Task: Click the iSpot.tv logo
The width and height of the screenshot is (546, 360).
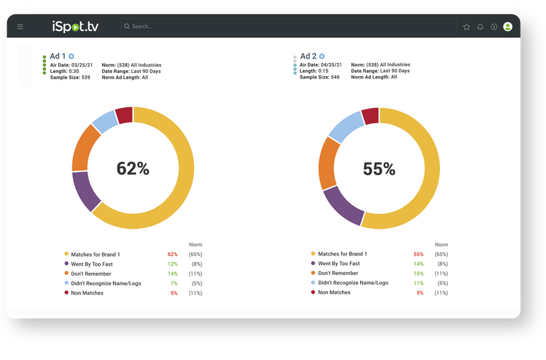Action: coord(76,27)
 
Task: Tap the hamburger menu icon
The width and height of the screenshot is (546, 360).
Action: coord(20,27)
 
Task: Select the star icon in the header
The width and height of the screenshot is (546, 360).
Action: coord(466,27)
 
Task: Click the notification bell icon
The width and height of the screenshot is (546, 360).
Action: coord(480,27)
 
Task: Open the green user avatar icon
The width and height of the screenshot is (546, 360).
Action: coord(508,27)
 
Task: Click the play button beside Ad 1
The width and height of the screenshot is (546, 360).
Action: coord(71,57)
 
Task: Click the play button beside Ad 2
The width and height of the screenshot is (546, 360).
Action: coord(322,57)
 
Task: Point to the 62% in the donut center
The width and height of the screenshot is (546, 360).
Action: coord(133,169)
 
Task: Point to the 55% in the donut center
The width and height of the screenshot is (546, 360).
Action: coord(379,169)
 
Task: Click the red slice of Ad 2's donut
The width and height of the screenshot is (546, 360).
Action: coord(370,116)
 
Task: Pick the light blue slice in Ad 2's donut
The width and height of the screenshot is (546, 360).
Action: coord(344,127)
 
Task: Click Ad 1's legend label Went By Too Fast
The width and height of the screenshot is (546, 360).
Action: coord(92,264)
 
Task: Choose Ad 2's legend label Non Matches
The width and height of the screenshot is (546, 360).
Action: coord(335,292)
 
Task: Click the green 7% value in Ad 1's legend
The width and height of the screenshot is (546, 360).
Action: coord(174,283)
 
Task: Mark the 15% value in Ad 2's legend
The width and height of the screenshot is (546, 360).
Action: coord(419,274)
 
